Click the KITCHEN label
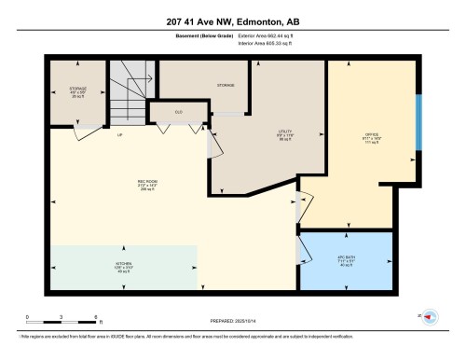[x=124, y=268]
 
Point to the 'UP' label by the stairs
[x=120, y=135]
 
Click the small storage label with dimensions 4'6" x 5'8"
[x=77, y=93]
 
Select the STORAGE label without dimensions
[x=225, y=85]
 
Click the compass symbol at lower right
[x=430, y=317]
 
